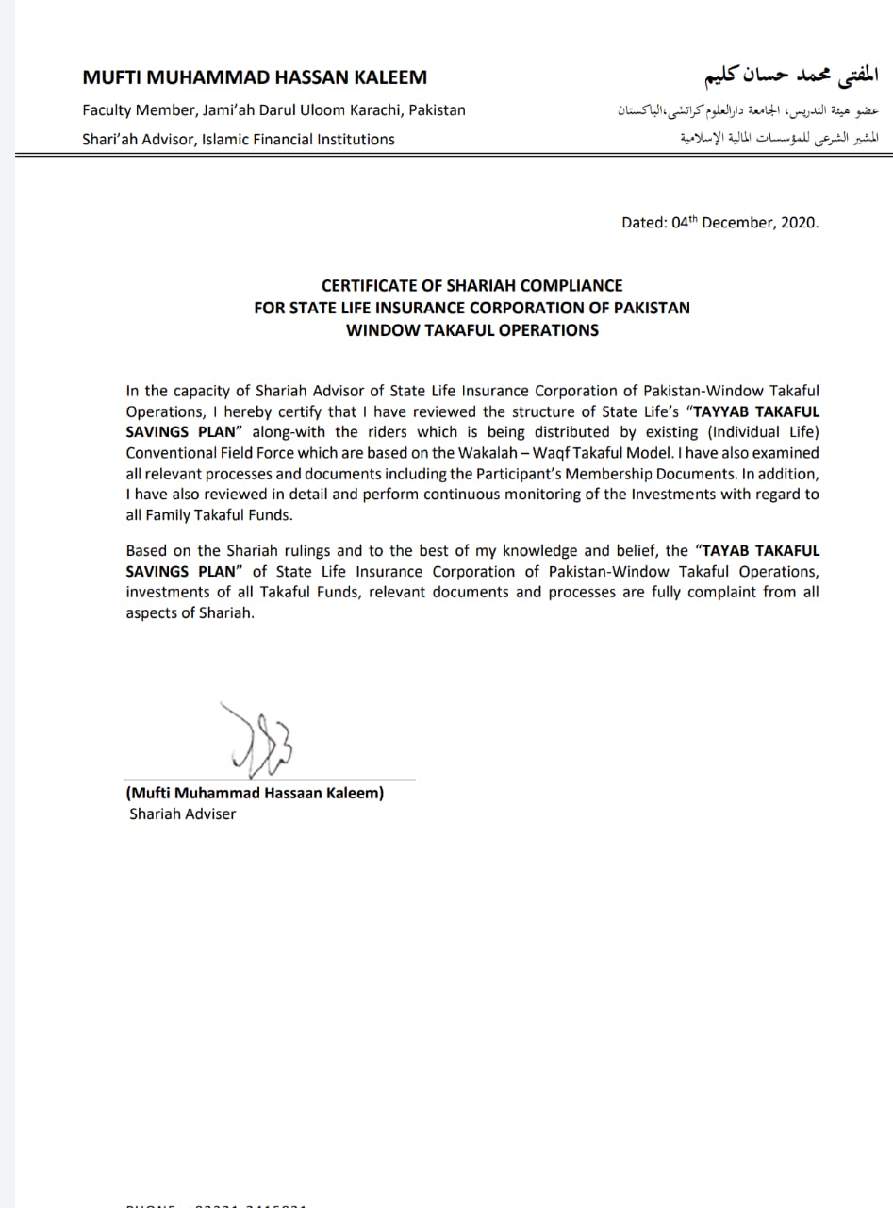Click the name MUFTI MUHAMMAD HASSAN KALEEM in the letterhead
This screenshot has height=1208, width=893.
tap(255, 77)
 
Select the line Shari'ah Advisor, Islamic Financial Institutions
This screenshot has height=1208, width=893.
tap(239, 139)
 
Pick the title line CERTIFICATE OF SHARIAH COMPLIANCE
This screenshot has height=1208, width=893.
tap(471, 285)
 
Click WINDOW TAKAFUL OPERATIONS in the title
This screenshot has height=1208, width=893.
tap(471, 329)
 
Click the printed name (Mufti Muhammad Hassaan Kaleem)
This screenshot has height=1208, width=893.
tap(255, 794)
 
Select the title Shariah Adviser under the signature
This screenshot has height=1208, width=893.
tap(183, 814)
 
